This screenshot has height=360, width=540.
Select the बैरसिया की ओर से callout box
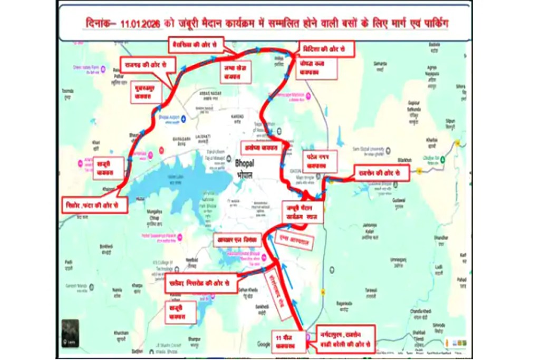click(x=196, y=44)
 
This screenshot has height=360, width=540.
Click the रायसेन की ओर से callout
click(x=381, y=173)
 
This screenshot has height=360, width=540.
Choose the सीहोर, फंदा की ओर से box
click(x=94, y=204)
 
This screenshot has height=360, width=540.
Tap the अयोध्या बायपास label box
click(x=259, y=148)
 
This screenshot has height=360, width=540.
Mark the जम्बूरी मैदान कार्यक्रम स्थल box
click(x=303, y=211)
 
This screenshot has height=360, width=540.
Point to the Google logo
click(x=264, y=344)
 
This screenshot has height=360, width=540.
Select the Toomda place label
click(x=67, y=91)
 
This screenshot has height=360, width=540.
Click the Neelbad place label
click(x=191, y=260)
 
